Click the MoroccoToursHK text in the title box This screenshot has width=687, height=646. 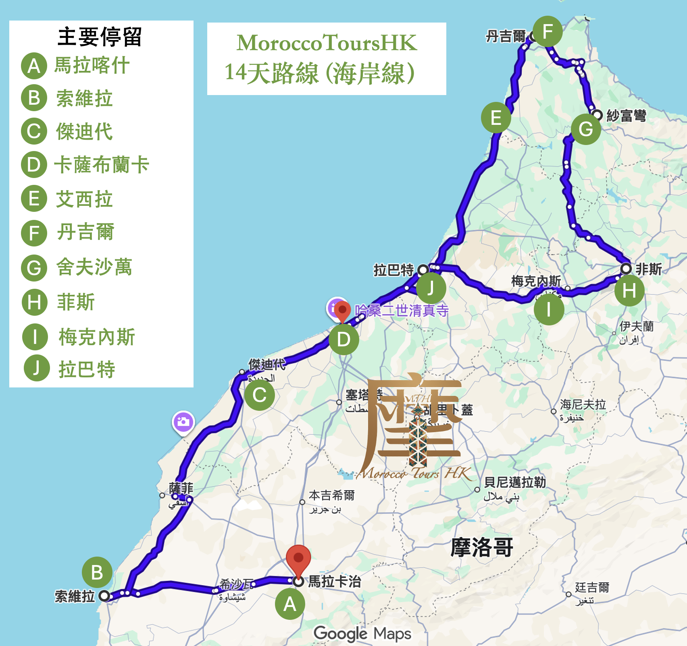[x=327, y=43]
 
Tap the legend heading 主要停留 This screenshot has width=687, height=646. [x=100, y=37]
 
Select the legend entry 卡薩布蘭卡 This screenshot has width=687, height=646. [x=102, y=165]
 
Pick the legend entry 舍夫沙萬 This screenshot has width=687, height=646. [x=94, y=267]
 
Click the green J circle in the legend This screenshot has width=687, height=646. [x=36, y=368]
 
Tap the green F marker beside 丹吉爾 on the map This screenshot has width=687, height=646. [x=547, y=31]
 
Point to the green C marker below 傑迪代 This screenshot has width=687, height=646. [x=259, y=395]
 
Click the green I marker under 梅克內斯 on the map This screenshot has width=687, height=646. [x=548, y=310]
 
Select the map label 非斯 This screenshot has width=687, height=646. [x=649, y=269]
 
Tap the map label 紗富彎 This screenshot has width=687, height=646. [x=626, y=116]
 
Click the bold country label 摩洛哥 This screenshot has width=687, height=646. [x=482, y=547]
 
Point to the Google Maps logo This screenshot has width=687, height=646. [x=362, y=634]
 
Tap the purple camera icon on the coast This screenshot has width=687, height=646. [x=183, y=422]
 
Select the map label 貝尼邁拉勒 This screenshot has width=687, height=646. [x=515, y=482]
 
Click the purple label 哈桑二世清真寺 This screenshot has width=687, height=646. [x=402, y=311]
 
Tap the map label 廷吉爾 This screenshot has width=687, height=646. [x=592, y=588]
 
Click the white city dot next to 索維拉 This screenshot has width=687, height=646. [x=104, y=596]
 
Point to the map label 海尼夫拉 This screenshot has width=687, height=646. [x=583, y=404]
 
